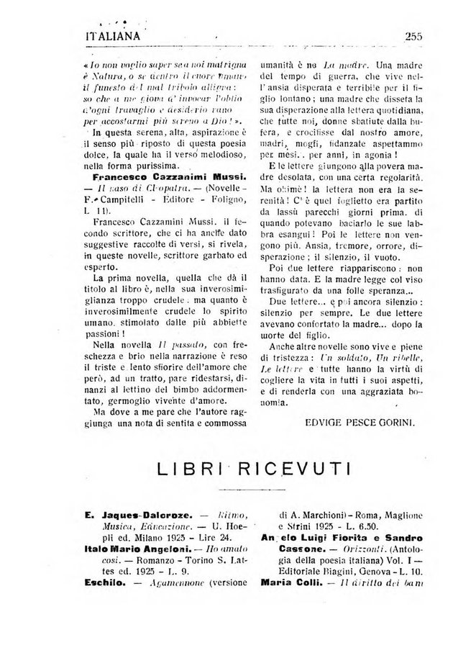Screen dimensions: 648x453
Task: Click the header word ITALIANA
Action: (114, 36)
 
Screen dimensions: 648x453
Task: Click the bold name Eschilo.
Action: (107, 583)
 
